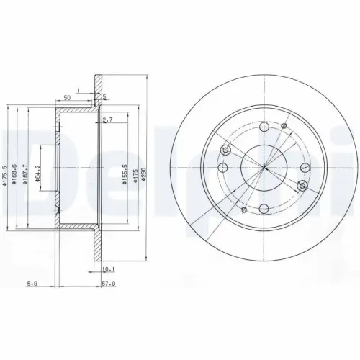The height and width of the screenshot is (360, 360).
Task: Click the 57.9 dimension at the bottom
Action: (x=109, y=284)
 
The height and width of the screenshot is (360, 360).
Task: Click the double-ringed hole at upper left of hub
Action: (x=228, y=150)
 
